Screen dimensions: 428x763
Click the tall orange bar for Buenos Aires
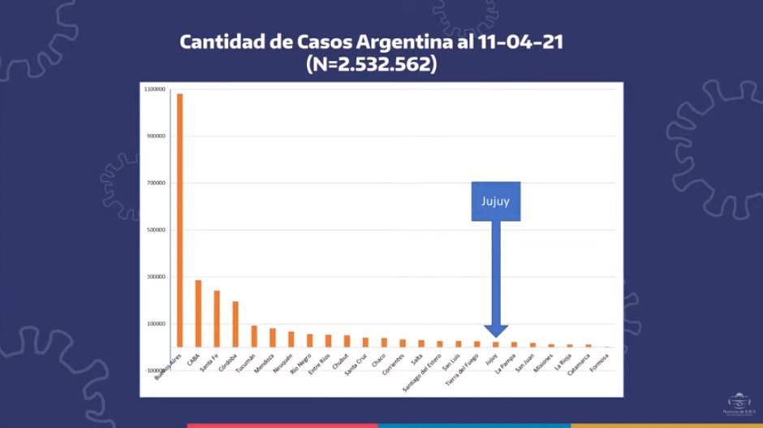click(180, 219)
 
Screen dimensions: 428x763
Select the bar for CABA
click(198, 313)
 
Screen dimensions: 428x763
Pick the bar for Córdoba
click(235, 324)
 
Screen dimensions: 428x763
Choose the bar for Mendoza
click(273, 338)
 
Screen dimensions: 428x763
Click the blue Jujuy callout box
click(495, 201)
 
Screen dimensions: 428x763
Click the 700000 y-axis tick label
click(156, 184)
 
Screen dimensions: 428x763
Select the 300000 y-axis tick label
click(156, 277)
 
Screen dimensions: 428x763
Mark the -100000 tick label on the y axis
click(154, 370)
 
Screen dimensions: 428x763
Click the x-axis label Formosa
click(599, 361)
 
